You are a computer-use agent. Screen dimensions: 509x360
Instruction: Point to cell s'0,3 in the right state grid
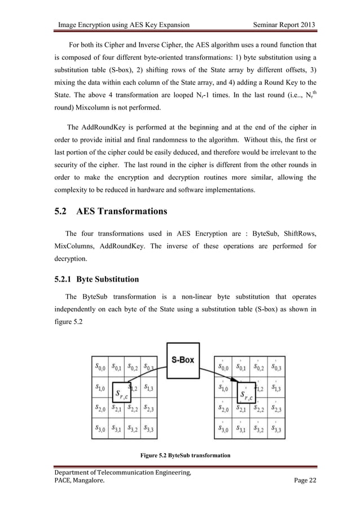[276, 368]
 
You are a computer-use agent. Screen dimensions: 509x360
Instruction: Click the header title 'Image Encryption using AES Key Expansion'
[124, 24]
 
